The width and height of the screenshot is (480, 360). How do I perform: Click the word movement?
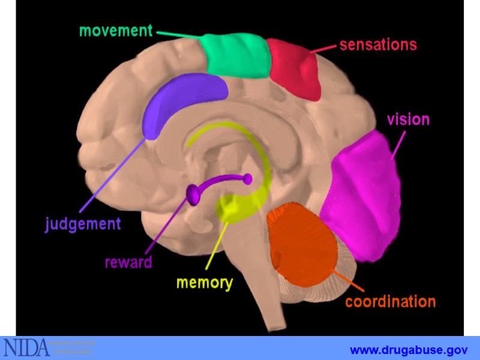116,31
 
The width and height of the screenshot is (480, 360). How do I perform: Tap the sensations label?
378,45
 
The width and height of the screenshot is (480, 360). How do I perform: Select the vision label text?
408,119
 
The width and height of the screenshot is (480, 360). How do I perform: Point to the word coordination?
390,301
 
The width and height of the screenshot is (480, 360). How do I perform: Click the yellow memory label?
204,283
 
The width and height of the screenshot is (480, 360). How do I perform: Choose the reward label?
128,262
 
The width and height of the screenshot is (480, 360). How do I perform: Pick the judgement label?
83,224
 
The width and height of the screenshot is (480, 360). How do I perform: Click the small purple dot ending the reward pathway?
247,178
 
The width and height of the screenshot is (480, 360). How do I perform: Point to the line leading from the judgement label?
114,174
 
